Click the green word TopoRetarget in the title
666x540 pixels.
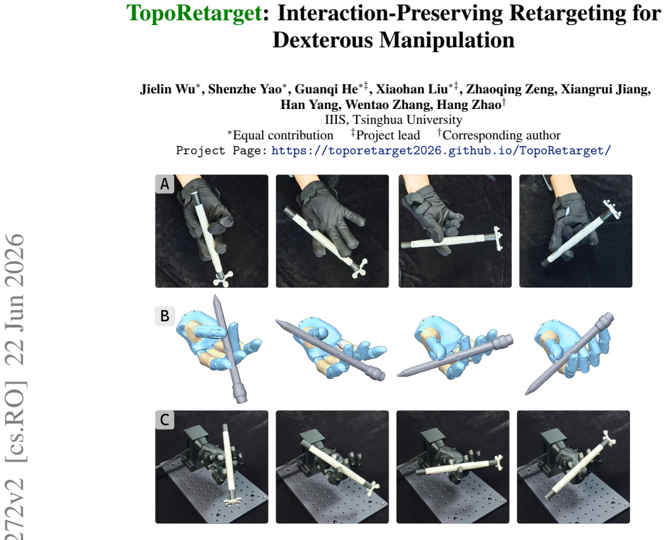(x=194, y=13)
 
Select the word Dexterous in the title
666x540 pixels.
(x=322, y=41)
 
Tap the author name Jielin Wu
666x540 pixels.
(x=168, y=89)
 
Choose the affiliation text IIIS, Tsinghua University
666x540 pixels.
(x=393, y=120)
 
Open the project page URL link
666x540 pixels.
(x=441, y=150)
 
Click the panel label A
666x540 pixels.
(x=164, y=184)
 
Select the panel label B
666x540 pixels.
(x=164, y=316)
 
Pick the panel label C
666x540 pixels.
(x=164, y=420)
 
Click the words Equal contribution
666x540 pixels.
(x=283, y=135)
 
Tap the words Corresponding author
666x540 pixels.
(x=502, y=135)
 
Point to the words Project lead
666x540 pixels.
(x=388, y=135)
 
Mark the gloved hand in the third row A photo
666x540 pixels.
(x=431, y=217)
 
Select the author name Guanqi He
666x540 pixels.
(x=326, y=89)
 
